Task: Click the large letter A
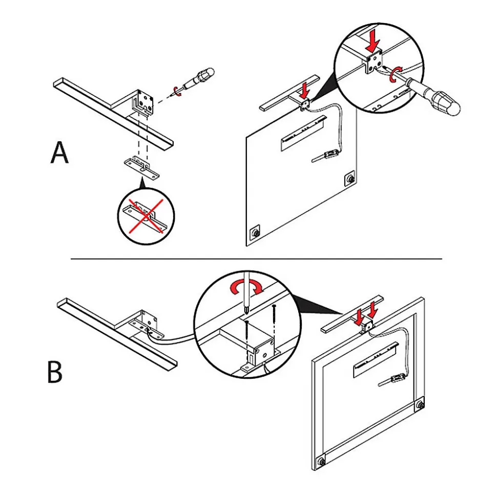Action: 59,153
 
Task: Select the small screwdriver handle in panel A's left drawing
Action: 202,77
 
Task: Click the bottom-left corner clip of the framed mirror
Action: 321,460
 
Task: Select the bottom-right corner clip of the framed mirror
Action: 420,404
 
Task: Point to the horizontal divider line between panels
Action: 256,259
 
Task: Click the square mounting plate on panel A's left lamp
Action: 146,102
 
